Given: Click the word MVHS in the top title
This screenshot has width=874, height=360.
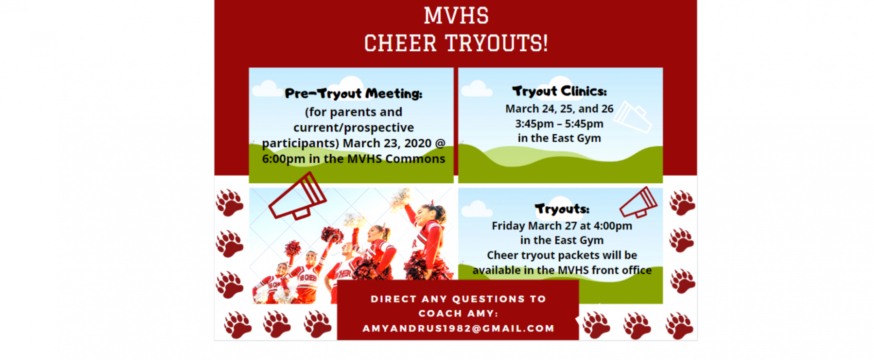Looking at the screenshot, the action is pyautogui.click(x=456, y=15).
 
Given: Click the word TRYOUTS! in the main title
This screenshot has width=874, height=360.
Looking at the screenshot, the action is pyautogui.click(x=496, y=43).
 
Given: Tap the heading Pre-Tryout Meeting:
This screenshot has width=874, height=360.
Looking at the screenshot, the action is pyautogui.click(x=353, y=94).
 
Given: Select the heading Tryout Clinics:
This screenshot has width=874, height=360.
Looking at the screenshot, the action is pyautogui.click(x=559, y=91).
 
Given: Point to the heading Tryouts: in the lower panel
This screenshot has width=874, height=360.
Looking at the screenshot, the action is pyautogui.click(x=562, y=209).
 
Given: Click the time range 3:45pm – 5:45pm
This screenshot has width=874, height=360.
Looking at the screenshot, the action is pyautogui.click(x=559, y=124).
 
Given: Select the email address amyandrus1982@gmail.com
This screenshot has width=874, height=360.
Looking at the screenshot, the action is pyautogui.click(x=458, y=328).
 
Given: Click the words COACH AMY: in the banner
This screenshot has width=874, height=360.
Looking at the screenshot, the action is pyautogui.click(x=458, y=313).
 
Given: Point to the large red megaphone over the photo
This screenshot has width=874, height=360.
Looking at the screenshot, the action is pyautogui.click(x=298, y=196).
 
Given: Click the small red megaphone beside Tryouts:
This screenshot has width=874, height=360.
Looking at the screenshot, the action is pyautogui.click(x=638, y=202).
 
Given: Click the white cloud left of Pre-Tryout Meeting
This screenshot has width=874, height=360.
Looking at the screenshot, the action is pyautogui.click(x=267, y=89).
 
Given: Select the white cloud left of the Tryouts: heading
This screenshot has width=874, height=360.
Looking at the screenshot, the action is pyautogui.click(x=477, y=209).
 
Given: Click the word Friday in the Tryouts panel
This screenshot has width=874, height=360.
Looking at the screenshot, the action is pyautogui.click(x=508, y=226).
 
